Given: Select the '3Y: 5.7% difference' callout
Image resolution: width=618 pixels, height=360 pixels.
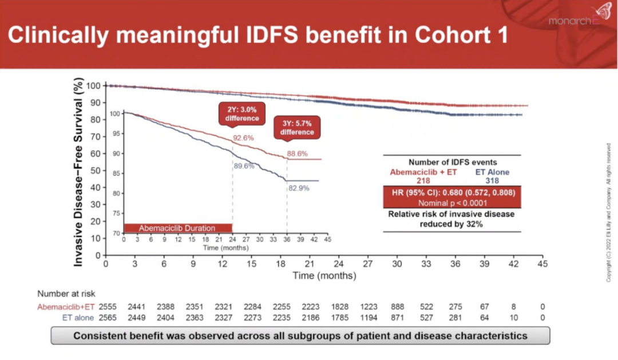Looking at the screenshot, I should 298,127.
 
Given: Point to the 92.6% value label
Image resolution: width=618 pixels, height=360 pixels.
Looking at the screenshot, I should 243,139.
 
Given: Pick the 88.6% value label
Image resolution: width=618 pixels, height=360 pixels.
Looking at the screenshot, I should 298,153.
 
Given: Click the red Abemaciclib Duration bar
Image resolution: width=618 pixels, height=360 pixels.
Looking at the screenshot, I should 177,228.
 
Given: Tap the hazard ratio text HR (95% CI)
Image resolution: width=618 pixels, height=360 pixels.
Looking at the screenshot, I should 451,192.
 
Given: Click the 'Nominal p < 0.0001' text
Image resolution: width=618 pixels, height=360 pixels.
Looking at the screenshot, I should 451,203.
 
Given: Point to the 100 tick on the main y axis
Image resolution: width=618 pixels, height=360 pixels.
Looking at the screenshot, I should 94,86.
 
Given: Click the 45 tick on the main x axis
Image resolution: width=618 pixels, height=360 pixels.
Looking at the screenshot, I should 542,264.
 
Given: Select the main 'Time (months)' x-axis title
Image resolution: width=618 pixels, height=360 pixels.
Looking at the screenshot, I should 324,276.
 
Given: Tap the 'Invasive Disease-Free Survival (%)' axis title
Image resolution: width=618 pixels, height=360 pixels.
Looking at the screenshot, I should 80,173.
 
